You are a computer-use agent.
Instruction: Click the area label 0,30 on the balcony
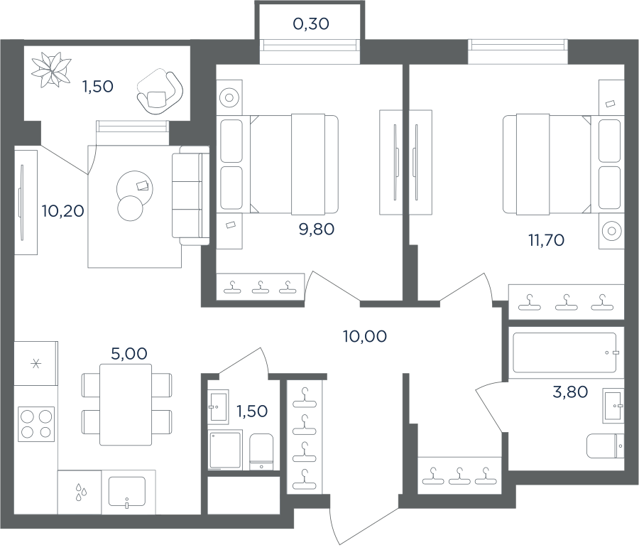(x=311, y=24)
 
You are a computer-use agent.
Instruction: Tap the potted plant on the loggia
(x=51, y=70)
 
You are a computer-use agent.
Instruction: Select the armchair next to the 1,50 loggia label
(x=160, y=92)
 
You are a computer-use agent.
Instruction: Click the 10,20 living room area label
(x=62, y=211)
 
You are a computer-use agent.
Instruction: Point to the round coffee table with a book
(x=134, y=188)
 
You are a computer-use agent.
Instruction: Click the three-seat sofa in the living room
(x=191, y=195)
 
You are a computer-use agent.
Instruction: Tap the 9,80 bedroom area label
(x=317, y=229)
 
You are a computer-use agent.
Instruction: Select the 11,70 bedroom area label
(x=546, y=240)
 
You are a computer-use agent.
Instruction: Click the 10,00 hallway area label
(x=365, y=336)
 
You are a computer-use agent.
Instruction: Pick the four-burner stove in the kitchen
(x=36, y=424)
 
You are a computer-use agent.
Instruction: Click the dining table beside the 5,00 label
(x=126, y=404)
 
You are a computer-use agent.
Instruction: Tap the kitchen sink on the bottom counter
(x=127, y=491)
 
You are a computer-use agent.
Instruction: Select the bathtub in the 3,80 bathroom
(x=564, y=352)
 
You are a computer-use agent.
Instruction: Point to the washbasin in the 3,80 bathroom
(x=613, y=406)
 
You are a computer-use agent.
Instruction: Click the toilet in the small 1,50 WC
(x=261, y=451)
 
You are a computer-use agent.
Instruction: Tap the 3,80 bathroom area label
(x=570, y=392)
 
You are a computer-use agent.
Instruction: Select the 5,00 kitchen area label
(x=129, y=354)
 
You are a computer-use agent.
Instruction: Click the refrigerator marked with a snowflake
(x=36, y=363)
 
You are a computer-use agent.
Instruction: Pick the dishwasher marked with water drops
(x=80, y=492)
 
